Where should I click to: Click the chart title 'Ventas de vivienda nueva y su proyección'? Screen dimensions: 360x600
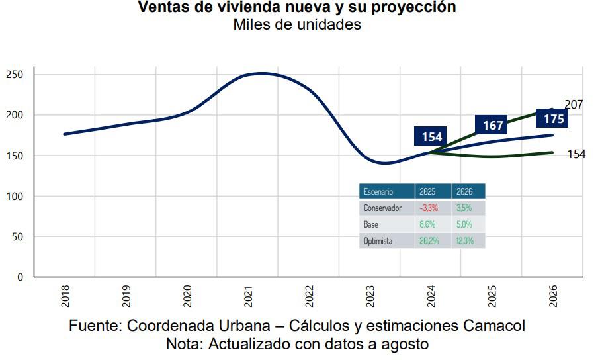click(x=297, y=7)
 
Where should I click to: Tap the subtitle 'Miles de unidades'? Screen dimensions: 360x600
click(x=297, y=25)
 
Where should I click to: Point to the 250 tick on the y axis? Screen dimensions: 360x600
click(x=15, y=75)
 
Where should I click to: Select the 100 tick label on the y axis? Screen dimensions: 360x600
click(x=15, y=197)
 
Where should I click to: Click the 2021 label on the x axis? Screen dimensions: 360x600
click(x=248, y=296)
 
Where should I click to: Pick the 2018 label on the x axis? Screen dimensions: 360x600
click(x=65, y=296)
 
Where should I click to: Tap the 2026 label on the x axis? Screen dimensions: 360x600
click(x=553, y=296)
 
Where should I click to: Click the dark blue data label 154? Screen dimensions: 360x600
click(x=431, y=136)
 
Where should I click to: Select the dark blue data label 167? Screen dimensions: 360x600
click(x=493, y=124)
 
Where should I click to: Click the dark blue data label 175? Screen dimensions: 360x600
click(x=553, y=119)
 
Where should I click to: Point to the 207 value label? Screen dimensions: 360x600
click(x=574, y=105)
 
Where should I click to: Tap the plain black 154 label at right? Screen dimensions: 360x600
click(x=576, y=154)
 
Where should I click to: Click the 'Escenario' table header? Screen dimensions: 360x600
click(x=378, y=191)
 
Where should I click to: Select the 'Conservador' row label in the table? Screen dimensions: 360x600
click(x=382, y=208)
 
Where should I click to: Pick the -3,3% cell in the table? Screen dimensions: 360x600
click(x=429, y=208)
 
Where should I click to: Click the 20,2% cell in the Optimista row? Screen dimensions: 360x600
click(x=429, y=241)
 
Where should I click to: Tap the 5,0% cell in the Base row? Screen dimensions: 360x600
click(x=464, y=224)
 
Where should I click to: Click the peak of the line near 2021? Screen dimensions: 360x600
click(x=262, y=73)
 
